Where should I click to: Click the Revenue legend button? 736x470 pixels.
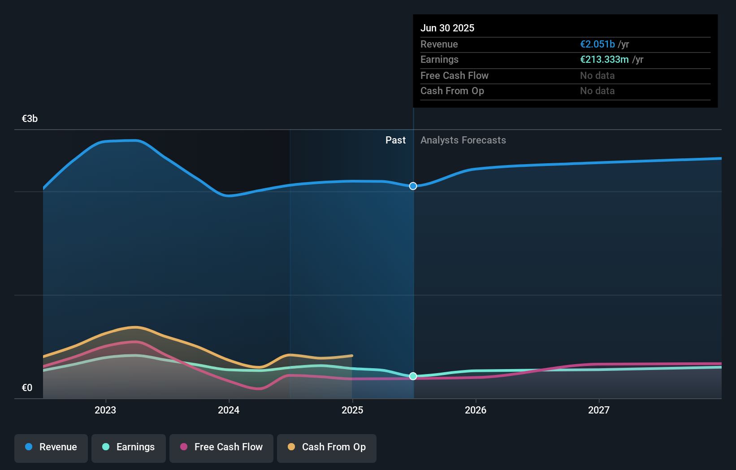[51, 447]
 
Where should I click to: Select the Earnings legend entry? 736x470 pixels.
[129, 447]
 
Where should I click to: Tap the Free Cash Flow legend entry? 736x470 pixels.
[221, 447]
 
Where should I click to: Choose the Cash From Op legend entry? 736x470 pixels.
[327, 447]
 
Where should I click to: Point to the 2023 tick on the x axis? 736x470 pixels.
[105, 410]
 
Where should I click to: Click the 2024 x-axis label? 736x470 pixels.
[229, 410]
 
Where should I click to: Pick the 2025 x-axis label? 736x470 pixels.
[352, 410]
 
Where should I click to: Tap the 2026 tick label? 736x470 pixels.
[476, 410]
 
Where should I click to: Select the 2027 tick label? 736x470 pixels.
[599, 410]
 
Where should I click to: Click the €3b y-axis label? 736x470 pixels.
[30, 119]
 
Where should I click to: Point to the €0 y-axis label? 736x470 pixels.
[27, 388]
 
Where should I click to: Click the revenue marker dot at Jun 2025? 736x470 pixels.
[413, 186]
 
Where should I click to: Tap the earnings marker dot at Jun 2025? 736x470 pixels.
[413, 376]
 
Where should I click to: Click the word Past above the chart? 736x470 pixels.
[395, 140]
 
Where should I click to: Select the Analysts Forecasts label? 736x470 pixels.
[463, 140]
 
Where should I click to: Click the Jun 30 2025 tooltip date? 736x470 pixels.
[447, 28]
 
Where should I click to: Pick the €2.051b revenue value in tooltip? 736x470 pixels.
[597, 44]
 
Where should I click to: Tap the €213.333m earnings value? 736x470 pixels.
[604, 59]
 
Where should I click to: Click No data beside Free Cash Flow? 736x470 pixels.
[597, 75]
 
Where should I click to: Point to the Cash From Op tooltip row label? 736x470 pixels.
[452, 91]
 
